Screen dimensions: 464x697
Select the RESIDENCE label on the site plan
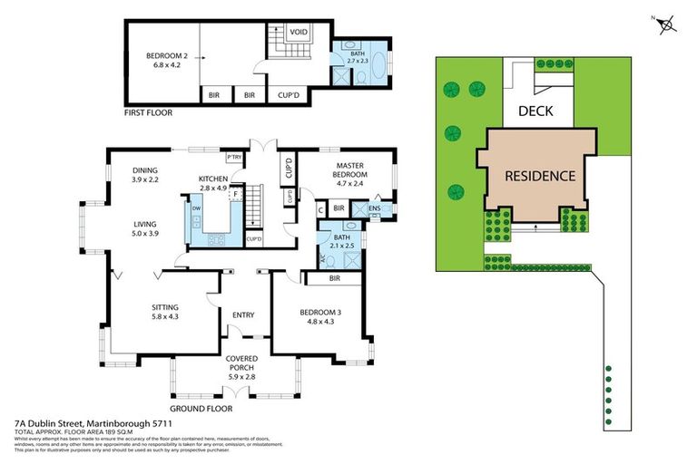(x=540, y=176)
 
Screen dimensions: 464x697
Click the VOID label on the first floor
(x=298, y=33)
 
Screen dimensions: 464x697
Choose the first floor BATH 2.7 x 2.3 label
(x=360, y=59)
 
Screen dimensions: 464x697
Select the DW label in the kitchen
(x=196, y=208)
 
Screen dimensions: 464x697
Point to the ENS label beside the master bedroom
(x=375, y=208)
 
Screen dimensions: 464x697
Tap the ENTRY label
(x=243, y=315)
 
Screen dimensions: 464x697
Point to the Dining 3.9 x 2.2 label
(x=145, y=174)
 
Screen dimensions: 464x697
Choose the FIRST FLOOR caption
(x=148, y=113)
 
